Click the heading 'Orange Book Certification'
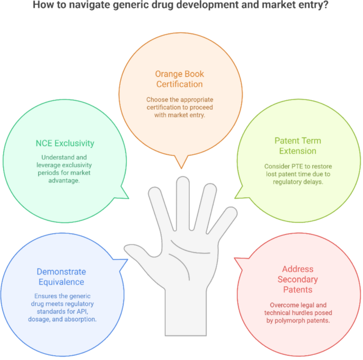(179, 79)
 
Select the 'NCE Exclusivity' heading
(66, 143)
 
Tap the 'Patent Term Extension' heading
(297, 146)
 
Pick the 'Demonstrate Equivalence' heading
(61, 277)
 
